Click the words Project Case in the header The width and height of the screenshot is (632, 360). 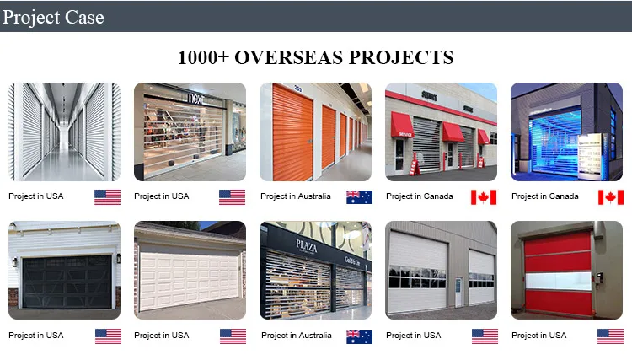[x=54, y=16]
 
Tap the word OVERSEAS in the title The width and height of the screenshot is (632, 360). [x=292, y=57]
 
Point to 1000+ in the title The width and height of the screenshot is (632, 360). [x=201, y=57]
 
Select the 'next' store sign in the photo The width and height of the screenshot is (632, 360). [x=195, y=99]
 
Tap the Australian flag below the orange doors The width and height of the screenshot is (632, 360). [x=359, y=197]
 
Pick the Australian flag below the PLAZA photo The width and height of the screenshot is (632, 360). [x=359, y=336]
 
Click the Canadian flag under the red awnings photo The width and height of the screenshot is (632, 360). [x=484, y=197]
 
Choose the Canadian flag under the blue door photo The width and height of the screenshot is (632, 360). [x=610, y=197]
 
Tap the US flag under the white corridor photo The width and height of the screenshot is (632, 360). [x=107, y=197]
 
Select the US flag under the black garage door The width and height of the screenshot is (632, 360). [x=107, y=336]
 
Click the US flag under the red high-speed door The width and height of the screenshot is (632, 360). [x=610, y=336]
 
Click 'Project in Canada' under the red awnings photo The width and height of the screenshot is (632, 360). [x=420, y=196]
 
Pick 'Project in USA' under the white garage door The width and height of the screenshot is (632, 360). [x=162, y=336]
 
